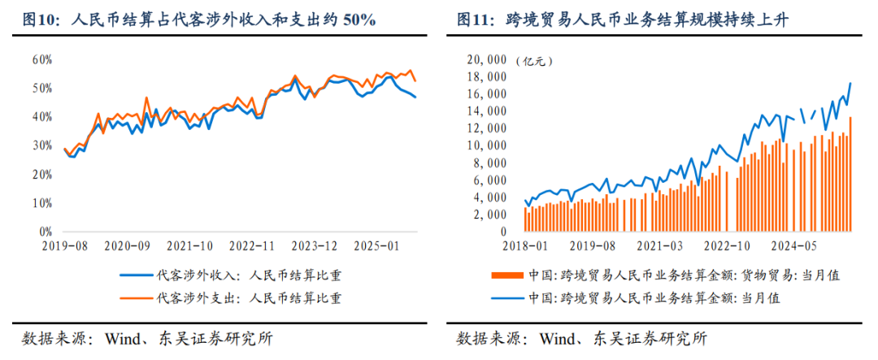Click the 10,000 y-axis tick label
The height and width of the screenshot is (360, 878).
pyautogui.click(x=486, y=145)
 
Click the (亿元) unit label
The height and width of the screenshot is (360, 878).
pyautogui.click(x=533, y=61)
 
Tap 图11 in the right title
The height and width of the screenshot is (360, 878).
pyautogui.click(x=475, y=18)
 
